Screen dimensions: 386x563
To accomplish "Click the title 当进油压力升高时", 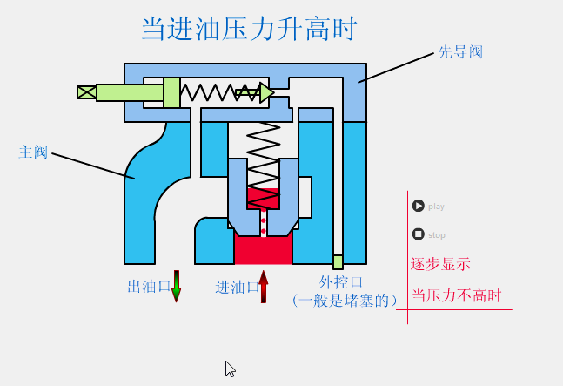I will pyautogui.click(x=249, y=28).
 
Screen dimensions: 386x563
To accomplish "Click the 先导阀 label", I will pyautogui.click(x=459, y=52).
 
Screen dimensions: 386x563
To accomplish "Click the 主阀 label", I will pyautogui.click(x=33, y=152).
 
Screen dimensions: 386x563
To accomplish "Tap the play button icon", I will pyautogui.click(x=419, y=207).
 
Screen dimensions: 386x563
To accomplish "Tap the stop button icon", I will pyautogui.click(x=419, y=234).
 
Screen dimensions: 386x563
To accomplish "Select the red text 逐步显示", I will pyautogui.click(x=441, y=264).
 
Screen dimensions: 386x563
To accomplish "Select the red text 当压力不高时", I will pyautogui.click(x=457, y=295).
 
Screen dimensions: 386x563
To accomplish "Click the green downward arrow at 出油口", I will pyautogui.click(x=177, y=286).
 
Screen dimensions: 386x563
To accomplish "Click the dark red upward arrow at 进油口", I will pyautogui.click(x=264, y=286).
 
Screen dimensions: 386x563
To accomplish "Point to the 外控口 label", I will pyautogui.click(x=340, y=282).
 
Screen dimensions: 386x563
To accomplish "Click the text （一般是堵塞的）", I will pyautogui.click(x=345, y=301).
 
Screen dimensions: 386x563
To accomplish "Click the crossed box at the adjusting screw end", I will pyautogui.click(x=86, y=92).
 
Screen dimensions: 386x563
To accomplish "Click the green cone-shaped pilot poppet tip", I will pyautogui.click(x=266, y=92).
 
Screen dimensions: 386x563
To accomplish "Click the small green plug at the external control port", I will pyautogui.click(x=338, y=261).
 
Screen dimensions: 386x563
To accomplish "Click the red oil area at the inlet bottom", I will pyautogui.click(x=263, y=251).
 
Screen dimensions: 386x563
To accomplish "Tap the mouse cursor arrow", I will pyautogui.click(x=230, y=369).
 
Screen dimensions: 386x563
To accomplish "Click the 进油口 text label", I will pyautogui.click(x=236, y=287).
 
